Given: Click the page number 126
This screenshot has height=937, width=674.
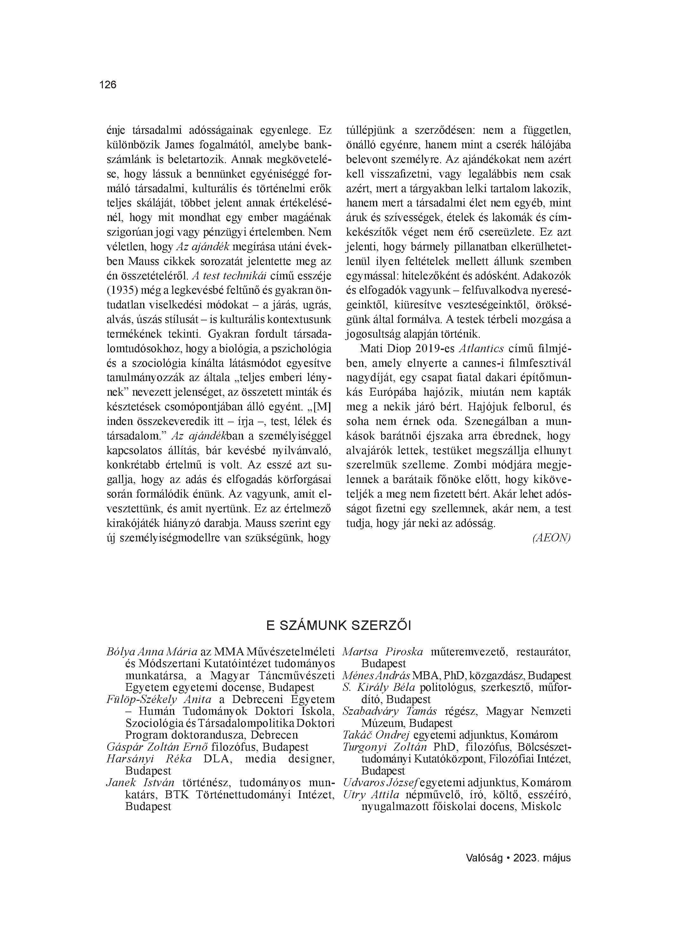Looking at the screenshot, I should point(108,85).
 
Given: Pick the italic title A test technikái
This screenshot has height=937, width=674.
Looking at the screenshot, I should point(231,275).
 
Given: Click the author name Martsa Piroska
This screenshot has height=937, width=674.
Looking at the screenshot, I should point(383,652).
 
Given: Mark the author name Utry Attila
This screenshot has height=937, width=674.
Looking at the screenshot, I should point(371,794).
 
